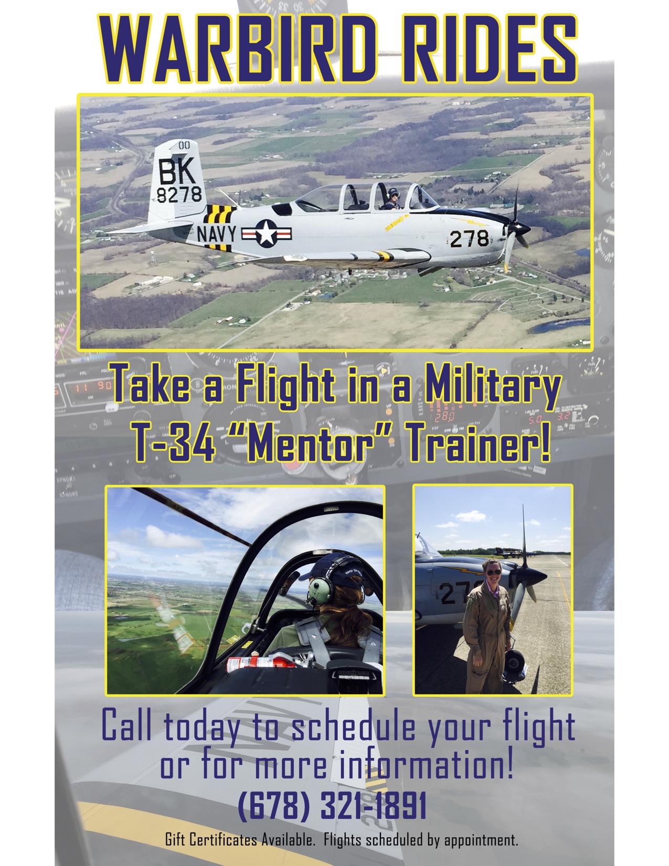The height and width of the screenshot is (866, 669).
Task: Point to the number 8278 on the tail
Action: [179, 195]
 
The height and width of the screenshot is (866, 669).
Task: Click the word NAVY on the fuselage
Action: [217, 234]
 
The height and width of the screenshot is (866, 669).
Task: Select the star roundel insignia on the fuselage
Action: [266, 234]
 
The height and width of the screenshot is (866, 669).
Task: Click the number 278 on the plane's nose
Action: [470, 239]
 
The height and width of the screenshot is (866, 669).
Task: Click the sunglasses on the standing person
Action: [494, 573]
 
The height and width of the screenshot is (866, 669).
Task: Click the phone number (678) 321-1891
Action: [332, 805]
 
